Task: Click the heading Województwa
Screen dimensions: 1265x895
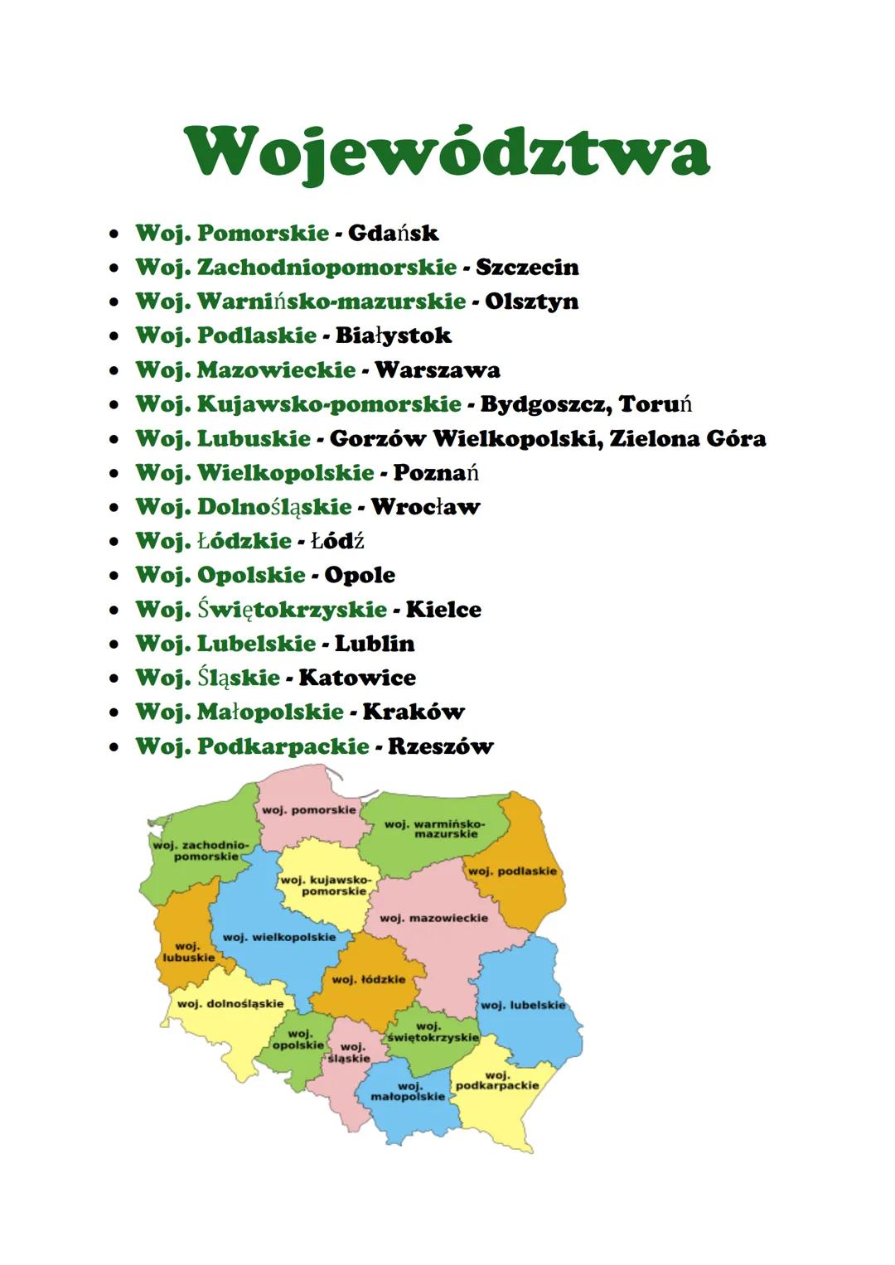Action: tap(447, 152)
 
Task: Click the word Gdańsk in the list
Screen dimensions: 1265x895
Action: tap(393, 234)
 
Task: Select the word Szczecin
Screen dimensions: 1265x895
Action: tap(527, 268)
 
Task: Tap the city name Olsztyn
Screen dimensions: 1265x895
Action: tap(531, 302)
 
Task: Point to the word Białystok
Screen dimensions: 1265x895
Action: tap(393, 336)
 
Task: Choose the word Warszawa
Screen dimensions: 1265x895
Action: tap(437, 370)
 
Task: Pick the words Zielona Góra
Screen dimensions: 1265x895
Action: tap(687, 438)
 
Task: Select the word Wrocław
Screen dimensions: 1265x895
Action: tap(425, 507)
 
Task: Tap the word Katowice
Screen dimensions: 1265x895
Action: tap(357, 678)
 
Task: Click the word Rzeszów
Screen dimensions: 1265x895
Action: tap(440, 746)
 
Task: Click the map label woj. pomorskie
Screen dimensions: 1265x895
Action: tap(308, 809)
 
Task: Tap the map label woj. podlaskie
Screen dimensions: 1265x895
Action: tap(513, 871)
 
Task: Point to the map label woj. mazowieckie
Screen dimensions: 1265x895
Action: tap(433, 918)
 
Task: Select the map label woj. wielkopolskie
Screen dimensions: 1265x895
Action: tap(279, 937)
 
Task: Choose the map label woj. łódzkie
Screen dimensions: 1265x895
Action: tap(369, 979)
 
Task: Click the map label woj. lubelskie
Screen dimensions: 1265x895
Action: tap(523, 1005)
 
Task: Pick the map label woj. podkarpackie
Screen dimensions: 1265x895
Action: tap(497, 1080)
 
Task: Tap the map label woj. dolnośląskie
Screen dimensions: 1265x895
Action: tap(230, 1003)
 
